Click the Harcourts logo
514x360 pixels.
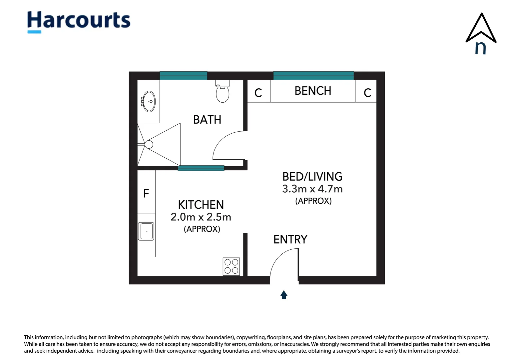pyautogui.click(x=79, y=22)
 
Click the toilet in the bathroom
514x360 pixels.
pyautogui.click(x=222, y=91)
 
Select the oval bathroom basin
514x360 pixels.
pyautogui.click(x=149, y=101)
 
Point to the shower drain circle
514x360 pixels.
pyautogui.click(x=149, y=144)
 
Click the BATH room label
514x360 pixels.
pyautogui.click(x=207, y=120)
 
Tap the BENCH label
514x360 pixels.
pyautogui.click(x=313, y=91)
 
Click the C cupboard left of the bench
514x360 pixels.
pyautogui.click(x=258, y=93)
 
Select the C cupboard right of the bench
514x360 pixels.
pyautogui.click(x=367, y=93)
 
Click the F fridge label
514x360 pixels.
pyautogui.click(x=146, y=193)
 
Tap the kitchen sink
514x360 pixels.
pyautogui.click(x=146, y=231)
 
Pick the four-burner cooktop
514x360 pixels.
pyautogui.click(x=231, y=266)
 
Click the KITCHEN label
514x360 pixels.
pyautogui.click(x=201, y=205)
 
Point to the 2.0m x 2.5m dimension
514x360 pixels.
pyautogui.click(x=201, y=217)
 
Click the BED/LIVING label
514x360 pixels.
pyautogui.click(x=312, y=177)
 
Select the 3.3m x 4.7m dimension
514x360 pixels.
pyautogui.click(x=312, y=189)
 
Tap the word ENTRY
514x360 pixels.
pyautogui.click(x=290, y=239)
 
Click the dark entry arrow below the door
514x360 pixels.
pyautogui.click(x=284, y=295)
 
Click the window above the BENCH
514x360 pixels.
pyautogui.click(x=313, y=76)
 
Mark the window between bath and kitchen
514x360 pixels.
pyautogui.click(x=201, y=168)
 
